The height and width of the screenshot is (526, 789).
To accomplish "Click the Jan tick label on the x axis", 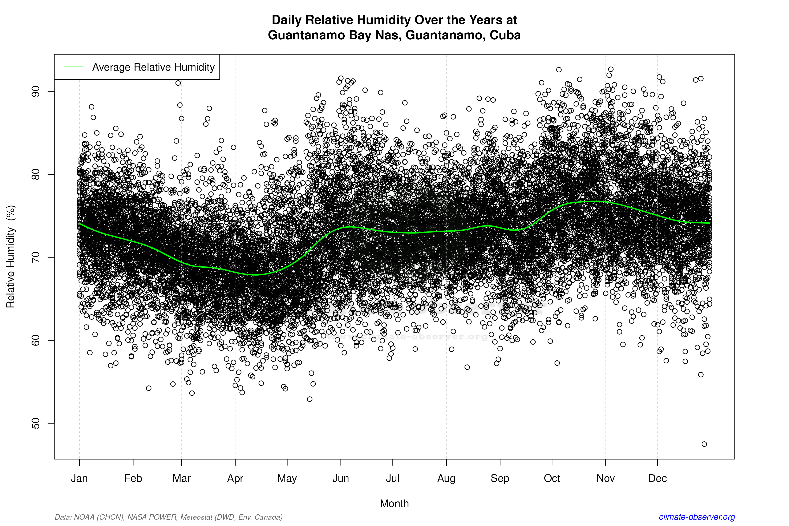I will (x=79, y=478).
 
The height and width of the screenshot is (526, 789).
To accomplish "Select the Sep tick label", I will (x=500, y=478).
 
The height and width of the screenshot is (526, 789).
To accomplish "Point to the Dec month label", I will (x=657, y=478).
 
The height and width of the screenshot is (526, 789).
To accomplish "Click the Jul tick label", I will (x=392, y=478).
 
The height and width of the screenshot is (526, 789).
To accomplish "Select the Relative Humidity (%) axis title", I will (x=11, y=257).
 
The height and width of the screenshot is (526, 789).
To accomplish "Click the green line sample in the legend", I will (x=73, y=67).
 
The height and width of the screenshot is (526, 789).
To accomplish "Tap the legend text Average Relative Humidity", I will (x=153, y=67).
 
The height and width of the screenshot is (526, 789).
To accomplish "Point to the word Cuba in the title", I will (x=505, y=35).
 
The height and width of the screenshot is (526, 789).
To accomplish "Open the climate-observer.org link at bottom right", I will (x=697, y=517).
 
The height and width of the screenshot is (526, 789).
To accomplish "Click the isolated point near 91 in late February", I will (x=178, y=83).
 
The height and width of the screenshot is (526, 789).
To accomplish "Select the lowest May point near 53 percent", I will (x=310, y=399).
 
